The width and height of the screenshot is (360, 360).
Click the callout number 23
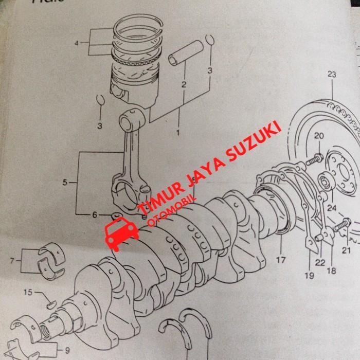(x=331, y=75)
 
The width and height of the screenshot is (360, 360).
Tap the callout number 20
(x=318, y=136)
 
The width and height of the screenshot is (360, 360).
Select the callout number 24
(x=331, y=208)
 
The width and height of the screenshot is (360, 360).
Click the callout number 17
(x=281, y=261)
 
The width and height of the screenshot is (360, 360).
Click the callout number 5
(x=65, y=182)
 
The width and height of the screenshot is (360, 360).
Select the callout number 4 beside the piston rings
(x=77, y=44)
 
